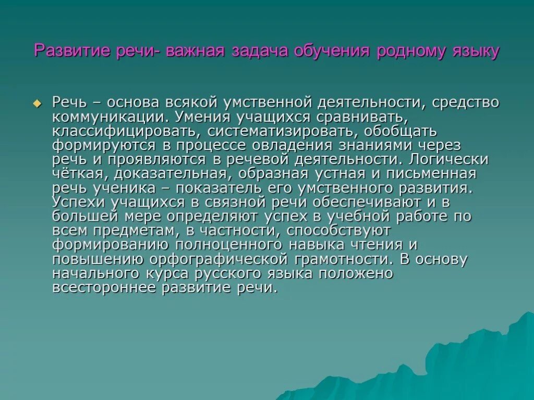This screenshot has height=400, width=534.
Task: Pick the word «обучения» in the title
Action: pyautogui.click(x=332, y=52)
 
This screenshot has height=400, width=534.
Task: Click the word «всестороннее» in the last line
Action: pyautogui.click(x=107, y=287)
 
